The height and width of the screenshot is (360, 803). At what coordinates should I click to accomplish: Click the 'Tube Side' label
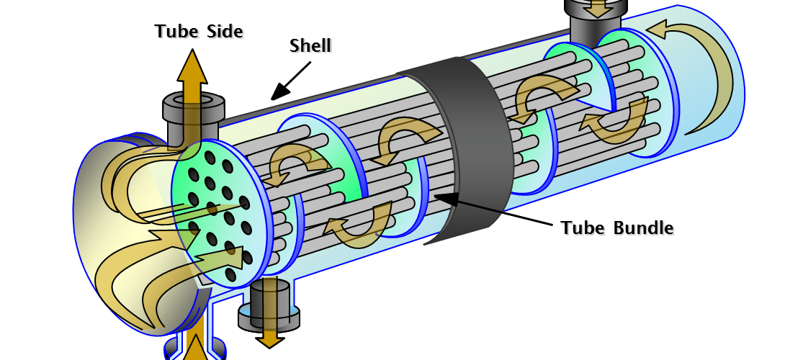point(198,32)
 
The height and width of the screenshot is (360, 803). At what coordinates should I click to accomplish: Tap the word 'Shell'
point(310,46)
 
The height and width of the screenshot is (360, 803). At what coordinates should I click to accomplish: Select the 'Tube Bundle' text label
point(616,228)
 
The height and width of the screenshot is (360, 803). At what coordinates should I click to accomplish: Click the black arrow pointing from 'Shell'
point(290,81)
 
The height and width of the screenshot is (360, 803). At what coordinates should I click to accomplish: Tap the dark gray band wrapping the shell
point(475,144)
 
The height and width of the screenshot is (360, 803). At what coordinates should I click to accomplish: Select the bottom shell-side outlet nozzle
point(270,302)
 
